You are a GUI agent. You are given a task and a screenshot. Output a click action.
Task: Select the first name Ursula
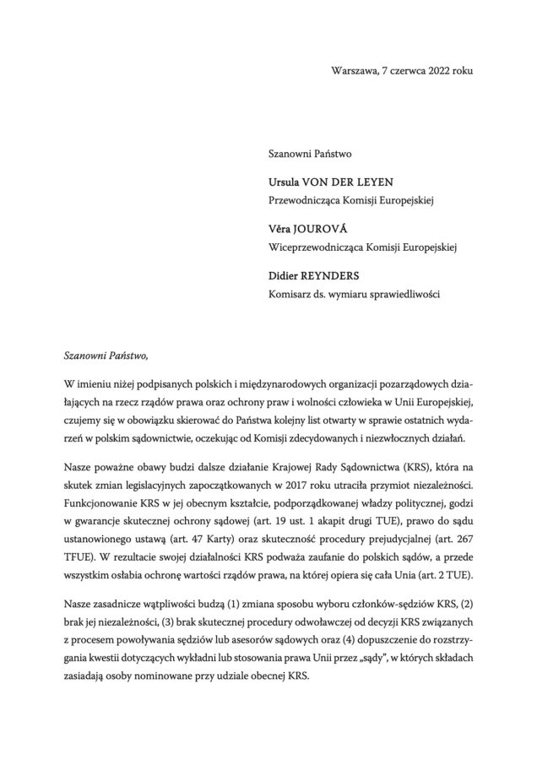[285, 183]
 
